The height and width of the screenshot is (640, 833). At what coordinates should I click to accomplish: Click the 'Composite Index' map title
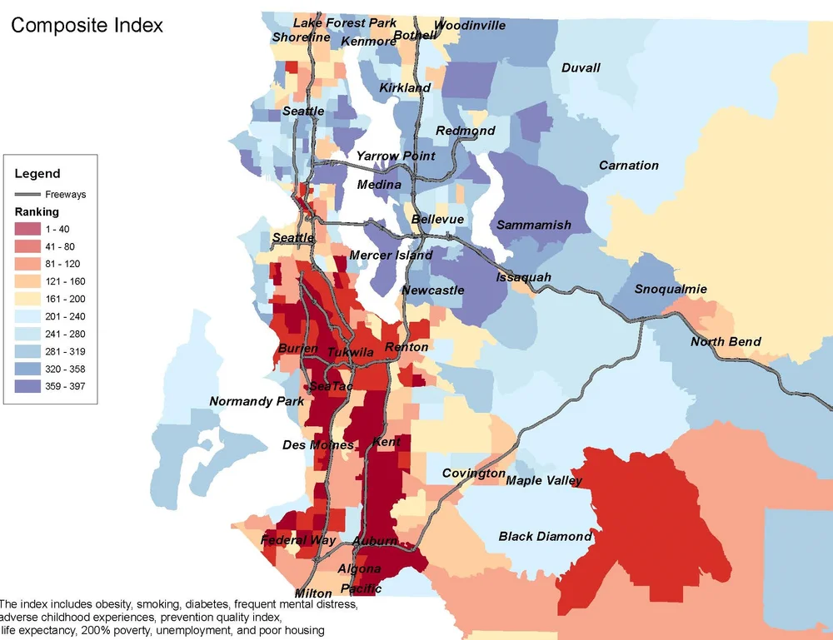87,25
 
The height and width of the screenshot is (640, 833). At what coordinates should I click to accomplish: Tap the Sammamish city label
534,225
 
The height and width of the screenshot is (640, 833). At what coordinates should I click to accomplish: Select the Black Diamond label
545,536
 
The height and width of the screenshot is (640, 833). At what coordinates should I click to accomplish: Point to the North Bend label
726,342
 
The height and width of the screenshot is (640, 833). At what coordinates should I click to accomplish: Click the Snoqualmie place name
671,289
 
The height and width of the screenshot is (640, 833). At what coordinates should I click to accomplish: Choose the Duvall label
581,67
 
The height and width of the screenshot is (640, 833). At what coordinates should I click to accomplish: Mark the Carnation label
629,166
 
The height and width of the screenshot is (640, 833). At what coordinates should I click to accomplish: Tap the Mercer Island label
391,255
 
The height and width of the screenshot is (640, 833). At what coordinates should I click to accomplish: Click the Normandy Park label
257,401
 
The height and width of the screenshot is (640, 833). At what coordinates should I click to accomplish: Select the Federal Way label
298,540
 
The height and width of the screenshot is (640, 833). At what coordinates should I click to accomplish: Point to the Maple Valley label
546,480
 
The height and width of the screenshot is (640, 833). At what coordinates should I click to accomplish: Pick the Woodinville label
470,25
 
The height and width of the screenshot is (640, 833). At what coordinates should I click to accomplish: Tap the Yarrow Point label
396,156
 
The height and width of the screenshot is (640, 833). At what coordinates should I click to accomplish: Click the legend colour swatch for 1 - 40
27,229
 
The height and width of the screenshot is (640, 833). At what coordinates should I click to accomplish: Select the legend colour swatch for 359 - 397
27,386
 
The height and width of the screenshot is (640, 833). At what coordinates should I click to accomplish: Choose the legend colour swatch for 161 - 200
27,299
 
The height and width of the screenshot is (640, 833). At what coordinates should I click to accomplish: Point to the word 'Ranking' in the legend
37,211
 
